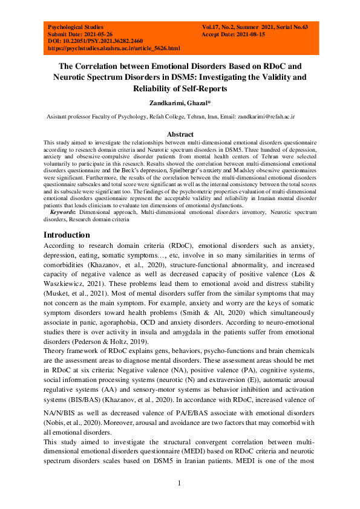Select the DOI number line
tap(91, 41)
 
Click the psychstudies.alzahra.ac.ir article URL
tap(113, 48)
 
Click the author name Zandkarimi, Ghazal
tap(180, 103)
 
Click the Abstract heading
tap(180, 134)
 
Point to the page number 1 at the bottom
tap(179, 482)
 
